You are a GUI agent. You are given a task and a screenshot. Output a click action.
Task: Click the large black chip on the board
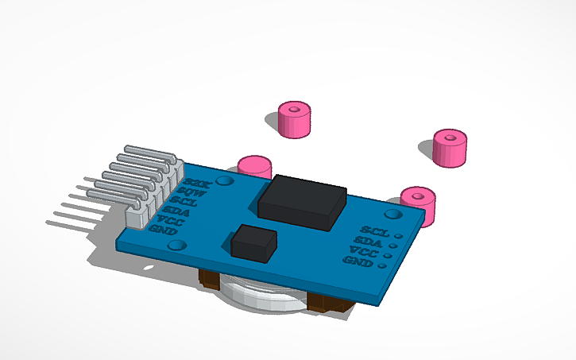click(302, 202)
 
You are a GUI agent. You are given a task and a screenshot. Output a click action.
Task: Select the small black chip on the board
click(253, 242)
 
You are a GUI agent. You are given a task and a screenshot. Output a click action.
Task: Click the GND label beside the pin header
click(164, 230)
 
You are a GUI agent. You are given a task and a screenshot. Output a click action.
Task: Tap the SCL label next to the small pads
click(373, 231)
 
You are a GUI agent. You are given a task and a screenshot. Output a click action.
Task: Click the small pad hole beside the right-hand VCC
click(388, 256)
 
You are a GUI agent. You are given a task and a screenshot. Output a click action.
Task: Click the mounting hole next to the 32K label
click(225, 182)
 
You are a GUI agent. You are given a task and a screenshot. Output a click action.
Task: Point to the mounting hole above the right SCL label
click(392, 213)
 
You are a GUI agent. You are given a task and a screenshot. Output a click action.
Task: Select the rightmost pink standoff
click(449, 148)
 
